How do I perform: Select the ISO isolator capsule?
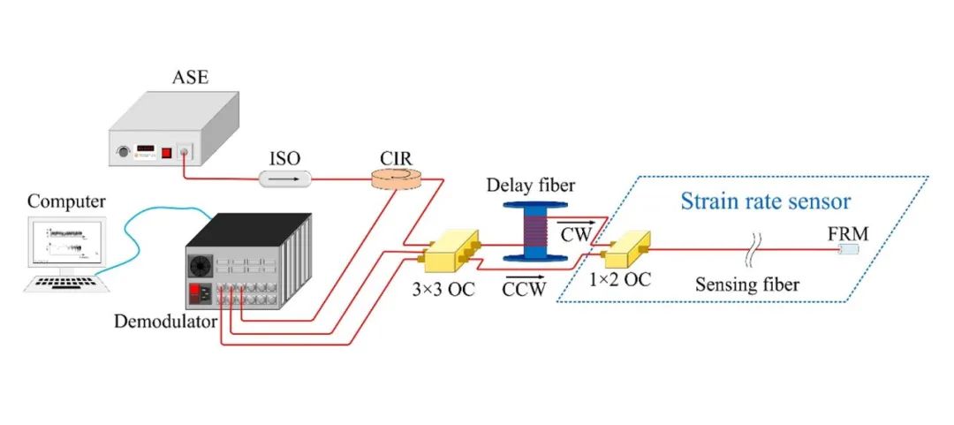coord(284,179)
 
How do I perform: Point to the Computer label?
coord(67,202)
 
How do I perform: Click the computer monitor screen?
coord(67,242)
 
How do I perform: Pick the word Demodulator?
coord(165,320)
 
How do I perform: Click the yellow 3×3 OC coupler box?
coord(450,250)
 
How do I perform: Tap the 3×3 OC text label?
coord(443,289)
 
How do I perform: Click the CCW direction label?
coord(524,288)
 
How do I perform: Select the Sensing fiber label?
coord(747,283)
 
